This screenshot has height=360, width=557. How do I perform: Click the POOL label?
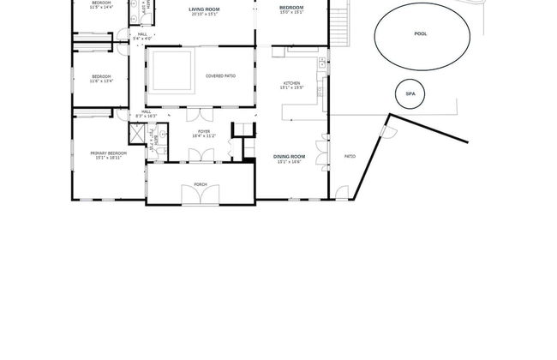[420, 34]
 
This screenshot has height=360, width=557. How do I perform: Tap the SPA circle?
[410, 94]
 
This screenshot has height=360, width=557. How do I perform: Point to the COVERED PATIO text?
[220, 76]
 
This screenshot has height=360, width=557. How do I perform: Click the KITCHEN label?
[291, 83]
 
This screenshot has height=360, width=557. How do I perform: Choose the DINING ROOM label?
[290, 156]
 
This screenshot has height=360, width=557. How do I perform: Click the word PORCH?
[201, 184]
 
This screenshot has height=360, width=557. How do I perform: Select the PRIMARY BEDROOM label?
[109, 153]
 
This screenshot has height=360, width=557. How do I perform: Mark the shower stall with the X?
[136, 135]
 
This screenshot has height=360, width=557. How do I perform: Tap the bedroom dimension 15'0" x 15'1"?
[291, 13]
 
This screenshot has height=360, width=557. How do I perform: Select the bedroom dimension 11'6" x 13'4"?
[102, 81]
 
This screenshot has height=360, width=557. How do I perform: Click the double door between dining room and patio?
[323, 155]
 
